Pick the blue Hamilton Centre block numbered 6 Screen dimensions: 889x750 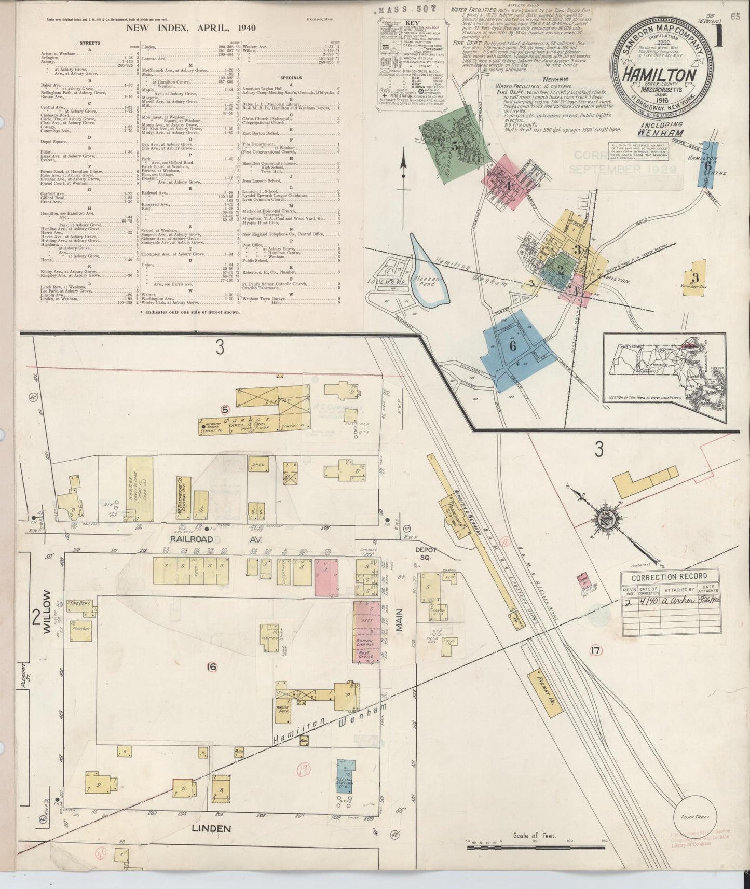point(706,165)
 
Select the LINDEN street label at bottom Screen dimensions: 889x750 point(211,828)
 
